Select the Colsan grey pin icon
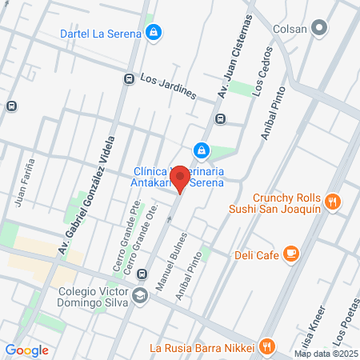[x=321, y=29]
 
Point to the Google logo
[x=26, y=350]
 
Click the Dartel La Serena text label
[x=101, y=34]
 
